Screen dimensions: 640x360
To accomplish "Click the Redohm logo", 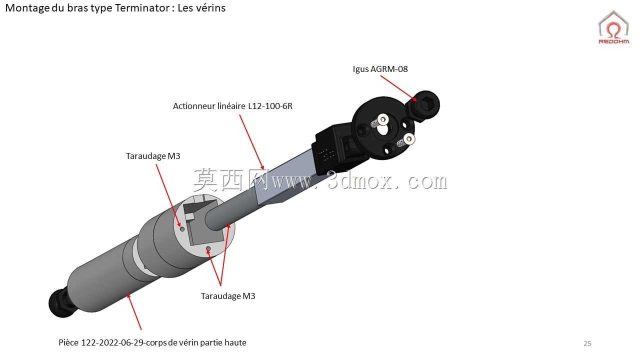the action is [x=613, y=27].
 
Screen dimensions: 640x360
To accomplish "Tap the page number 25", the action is [x=587, y=343].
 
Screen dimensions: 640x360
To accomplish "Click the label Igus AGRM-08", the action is [x=380, y=69].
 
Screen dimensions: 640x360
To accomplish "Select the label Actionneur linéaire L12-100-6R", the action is [x=232, y=106].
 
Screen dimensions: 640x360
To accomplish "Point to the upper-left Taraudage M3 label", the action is [x=153, y=156].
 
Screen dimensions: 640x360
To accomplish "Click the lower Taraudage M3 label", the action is [x=227, y=296].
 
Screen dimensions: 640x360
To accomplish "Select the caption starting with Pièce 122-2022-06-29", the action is [x=152, y=342].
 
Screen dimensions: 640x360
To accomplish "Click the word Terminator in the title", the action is [x=142, y=8].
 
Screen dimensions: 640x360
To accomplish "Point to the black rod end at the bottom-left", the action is [x=62, y=303].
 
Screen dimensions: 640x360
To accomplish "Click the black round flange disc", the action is [x=383, y=128].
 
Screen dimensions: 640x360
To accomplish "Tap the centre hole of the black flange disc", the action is [x=382, y=129].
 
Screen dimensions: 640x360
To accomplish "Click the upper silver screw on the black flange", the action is [x=382, y=118].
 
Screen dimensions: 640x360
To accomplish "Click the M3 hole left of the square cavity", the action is [x=182, y=229].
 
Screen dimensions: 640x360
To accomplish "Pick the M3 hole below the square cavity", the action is [x=208, y=249].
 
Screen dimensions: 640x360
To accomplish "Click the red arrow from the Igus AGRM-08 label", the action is [x=399, y=88].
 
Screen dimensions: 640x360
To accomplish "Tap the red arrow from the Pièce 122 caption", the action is [x=134, y=311].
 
